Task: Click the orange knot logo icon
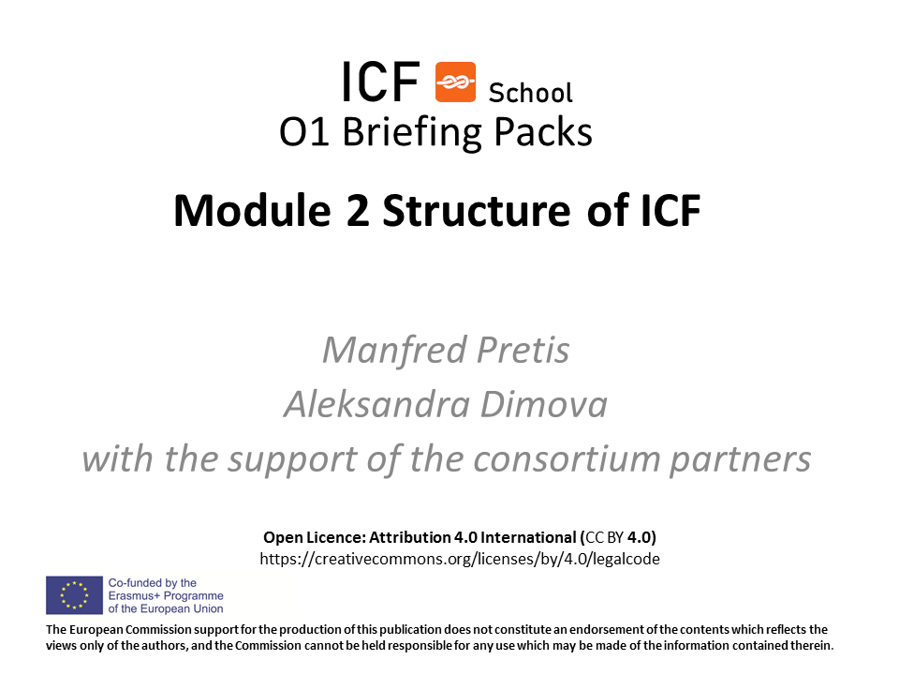coord(455,82)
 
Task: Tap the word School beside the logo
coord(530,93)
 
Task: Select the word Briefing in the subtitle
coord(412,132)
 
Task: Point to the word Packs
coord(543,132)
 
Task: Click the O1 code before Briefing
coord(303,132)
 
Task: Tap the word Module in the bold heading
coord(252,211)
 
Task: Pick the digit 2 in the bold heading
coord(358,211)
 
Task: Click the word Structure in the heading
coord(477,211)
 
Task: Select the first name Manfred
coord(394,350)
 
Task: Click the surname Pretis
coord(523,350)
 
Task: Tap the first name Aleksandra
coord(376,404)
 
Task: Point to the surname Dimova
coord(543,404)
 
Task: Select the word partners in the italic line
coord(741,460)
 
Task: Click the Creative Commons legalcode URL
coord(460,559)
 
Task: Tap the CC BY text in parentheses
coord(604,538)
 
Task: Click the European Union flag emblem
coord(75,595)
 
